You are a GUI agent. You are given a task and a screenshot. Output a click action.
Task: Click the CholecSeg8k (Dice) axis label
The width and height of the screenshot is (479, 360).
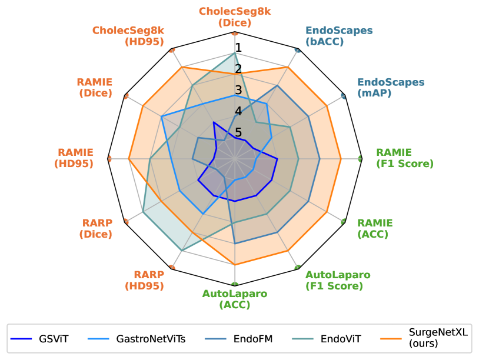(235, 17)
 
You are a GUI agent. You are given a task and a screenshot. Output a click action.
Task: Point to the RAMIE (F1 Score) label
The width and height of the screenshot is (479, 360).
(404, 158)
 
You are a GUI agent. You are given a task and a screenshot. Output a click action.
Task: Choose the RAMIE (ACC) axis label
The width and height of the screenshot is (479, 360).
(375, 228)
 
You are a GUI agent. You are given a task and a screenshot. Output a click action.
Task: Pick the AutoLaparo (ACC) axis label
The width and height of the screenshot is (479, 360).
(235, 299)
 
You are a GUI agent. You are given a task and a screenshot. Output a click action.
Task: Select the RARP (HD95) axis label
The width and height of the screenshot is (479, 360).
(145, 280)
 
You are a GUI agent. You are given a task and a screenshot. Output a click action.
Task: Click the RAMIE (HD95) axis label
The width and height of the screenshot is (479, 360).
(74, 158)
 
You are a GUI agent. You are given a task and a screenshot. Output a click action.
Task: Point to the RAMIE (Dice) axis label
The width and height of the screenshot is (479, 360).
(95, 88)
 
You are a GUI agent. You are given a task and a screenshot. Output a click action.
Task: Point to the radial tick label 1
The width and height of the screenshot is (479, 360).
(238, 48)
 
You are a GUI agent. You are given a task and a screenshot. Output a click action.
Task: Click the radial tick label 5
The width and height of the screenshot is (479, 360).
(238, 132)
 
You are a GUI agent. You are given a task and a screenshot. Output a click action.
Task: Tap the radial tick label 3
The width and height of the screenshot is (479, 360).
(238, 90)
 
